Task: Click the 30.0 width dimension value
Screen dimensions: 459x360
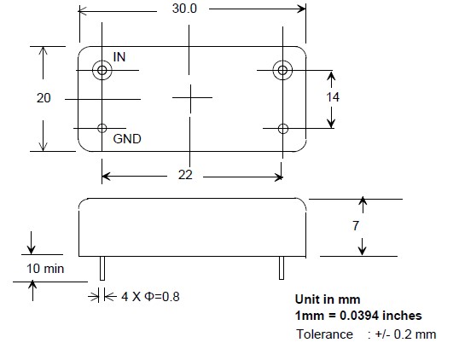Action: pyautogui.click(x=184, y=9)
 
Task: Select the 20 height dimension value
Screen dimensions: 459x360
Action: pyautogui.click(x=44, y=98)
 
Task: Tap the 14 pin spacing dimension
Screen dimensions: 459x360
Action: pyautogui.click(x=333, y=97)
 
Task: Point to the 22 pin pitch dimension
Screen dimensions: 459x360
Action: pyautogui.click(x=185, y=175)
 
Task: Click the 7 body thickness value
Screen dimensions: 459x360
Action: pyautogui.click(x=356, y=226)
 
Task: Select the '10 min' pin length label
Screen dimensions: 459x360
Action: pyautogui.click(x=45, y=269)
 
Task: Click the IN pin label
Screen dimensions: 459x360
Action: pyautogui.click(x=119, y=57)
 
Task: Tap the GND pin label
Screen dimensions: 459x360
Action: pyautogui.click(x=127, y=139)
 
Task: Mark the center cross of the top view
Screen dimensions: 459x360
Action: pyautogui.click(x=191, y=98)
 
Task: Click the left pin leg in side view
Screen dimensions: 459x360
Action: pyautogui.click(x=102, y=269)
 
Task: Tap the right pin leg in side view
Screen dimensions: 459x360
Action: pyautogui.click(x=282, y=268)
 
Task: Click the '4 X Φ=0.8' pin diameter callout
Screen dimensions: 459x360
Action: pyautogui.click(x=150, y=297)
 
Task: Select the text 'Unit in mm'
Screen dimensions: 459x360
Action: pyautogui.click(x=328, y=299)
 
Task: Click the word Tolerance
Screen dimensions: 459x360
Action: pyautogui.click(x=325, y=334)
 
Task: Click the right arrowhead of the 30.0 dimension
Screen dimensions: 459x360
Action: pyautogui.click(x=302, y=9)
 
